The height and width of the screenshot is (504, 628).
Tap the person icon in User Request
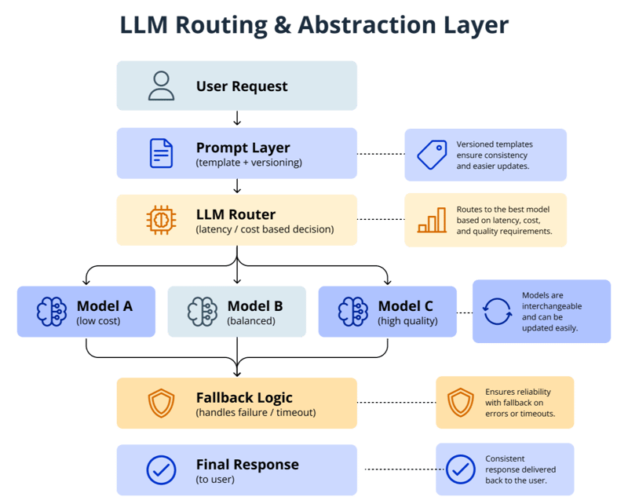pos(161,86)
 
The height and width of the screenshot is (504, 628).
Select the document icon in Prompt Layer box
pos(161,153)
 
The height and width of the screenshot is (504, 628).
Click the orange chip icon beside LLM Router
pos(161,221)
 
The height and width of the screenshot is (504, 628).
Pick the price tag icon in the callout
pos(432,155)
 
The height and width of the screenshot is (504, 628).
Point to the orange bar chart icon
pos(432,221)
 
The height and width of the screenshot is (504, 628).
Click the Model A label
pos(104,306)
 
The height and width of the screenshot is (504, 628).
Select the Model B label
pos(255,306)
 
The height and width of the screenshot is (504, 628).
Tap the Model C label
pos(405,306)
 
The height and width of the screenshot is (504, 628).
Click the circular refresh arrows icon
pos(497,312)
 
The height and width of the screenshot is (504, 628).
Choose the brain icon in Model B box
pos(202,312)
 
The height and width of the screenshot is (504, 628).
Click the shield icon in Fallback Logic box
pos(161,404)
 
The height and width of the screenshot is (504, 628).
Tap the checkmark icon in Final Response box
pos(161,470)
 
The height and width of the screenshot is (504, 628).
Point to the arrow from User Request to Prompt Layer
pos(237,119)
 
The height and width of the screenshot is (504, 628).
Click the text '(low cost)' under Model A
pos(98,321)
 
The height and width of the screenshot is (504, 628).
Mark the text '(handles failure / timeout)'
pos(257,413)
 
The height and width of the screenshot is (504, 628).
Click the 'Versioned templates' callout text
pos(495,144)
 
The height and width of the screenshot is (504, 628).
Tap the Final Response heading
pos(247,464)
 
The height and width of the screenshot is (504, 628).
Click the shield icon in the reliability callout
pos(460,403)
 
